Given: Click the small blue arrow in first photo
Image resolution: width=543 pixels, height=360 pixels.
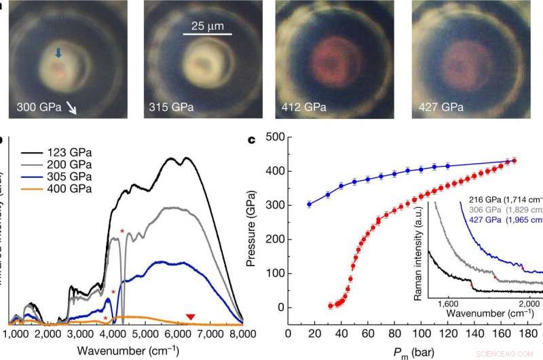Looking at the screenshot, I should [60, 53].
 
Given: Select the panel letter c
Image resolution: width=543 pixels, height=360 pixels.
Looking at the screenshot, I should [251, 140].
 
